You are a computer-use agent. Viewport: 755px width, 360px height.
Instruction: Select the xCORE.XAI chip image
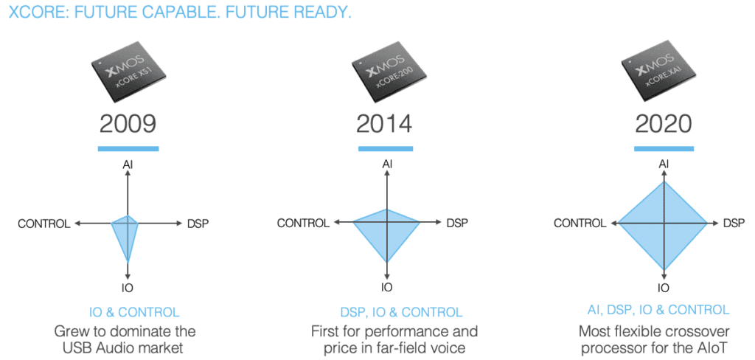click(x=663, y=72)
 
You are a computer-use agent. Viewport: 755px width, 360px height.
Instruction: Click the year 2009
click(x=128, y=124)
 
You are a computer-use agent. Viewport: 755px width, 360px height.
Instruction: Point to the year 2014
click(x=385, y=124)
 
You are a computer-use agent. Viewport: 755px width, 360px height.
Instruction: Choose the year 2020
click(x=664, y=124)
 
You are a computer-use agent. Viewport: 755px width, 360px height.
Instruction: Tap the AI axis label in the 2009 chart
click(x=128, y=165)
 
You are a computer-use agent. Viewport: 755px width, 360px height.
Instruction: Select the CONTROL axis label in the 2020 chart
click(x=580, y=223)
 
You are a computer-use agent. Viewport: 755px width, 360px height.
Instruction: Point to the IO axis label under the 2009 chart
click(x=128, y=288)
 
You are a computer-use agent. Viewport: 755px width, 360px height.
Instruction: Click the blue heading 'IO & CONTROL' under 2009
click(x=134, y=312)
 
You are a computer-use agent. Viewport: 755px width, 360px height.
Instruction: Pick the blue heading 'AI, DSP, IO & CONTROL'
click(x=658, y=309)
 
